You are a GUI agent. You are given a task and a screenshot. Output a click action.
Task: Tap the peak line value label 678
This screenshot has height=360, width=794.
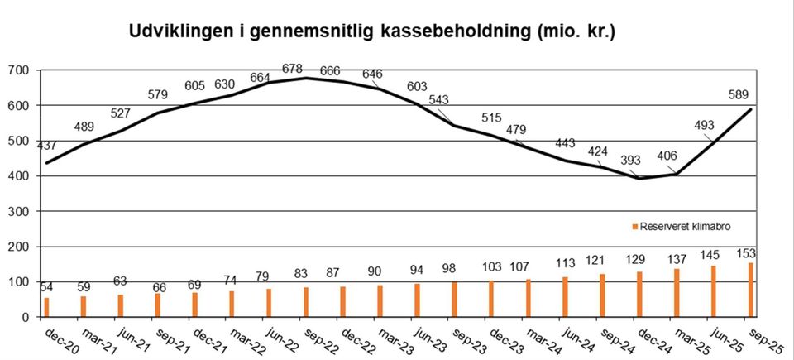click(292, 68)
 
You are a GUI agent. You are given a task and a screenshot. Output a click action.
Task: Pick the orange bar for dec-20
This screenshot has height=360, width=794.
click(47, 307)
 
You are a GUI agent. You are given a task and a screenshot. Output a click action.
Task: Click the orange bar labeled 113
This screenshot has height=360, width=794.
click(566, 297)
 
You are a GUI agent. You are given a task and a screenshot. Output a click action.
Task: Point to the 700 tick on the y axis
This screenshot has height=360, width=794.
click(17, 70)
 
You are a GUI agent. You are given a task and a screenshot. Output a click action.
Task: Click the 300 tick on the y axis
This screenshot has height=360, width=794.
click(17, 212)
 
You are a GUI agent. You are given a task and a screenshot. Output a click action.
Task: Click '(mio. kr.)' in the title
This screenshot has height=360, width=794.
click(576, 34)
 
